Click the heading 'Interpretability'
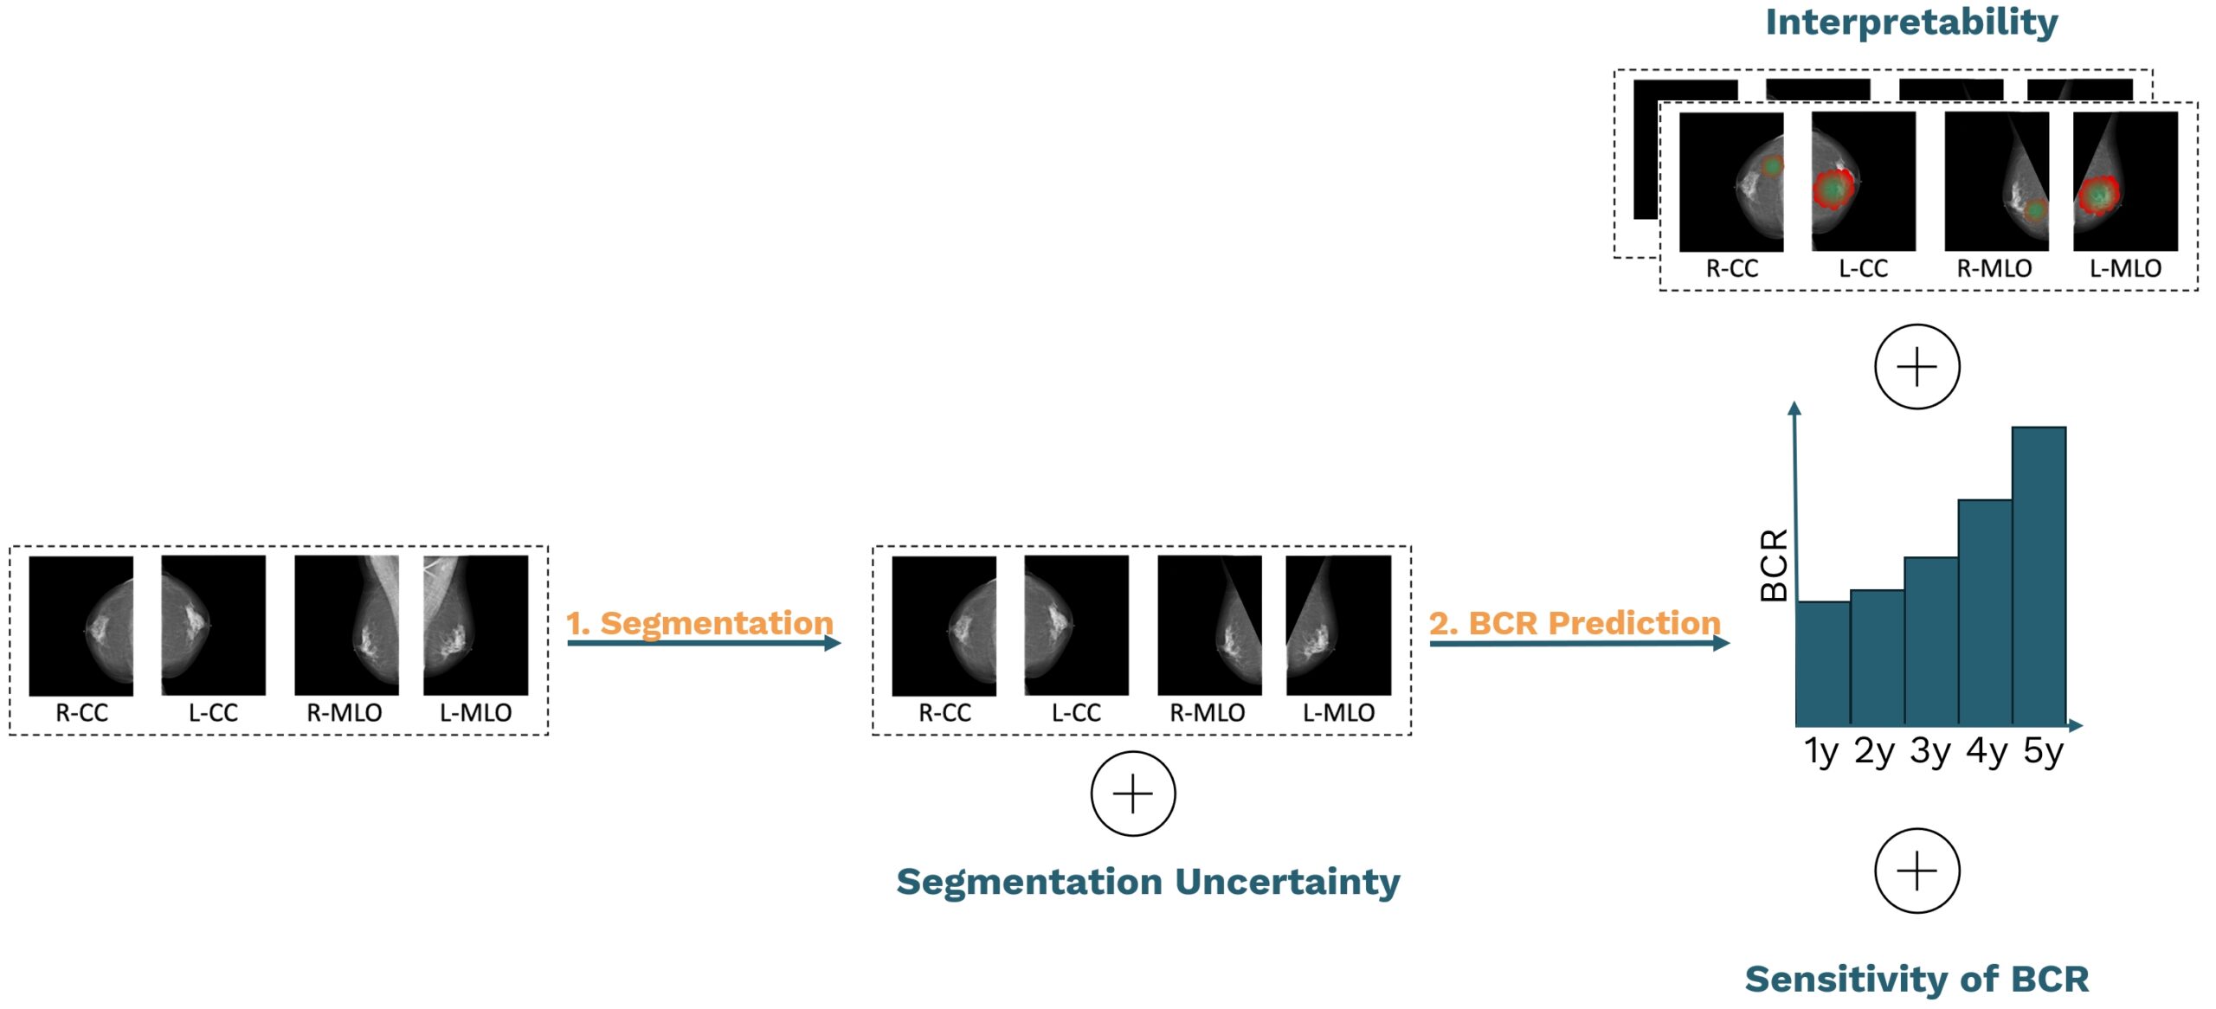[1911, 23]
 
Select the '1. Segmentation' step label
[699, 623]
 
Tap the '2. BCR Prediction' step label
[1575, 623]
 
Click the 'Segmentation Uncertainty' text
[1148, 883]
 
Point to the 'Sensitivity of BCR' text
[1916, 979]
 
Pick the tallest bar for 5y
[2039, 575]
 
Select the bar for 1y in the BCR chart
[1823, 662]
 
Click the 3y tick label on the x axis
[1929, 752]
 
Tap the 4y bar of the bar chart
[1985, 611]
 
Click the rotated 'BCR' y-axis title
[1775, 565]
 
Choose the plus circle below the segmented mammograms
[1133, 794]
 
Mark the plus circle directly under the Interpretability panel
[1917, 367]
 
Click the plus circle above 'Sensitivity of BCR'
[1917, 871]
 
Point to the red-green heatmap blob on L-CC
[1833, 189]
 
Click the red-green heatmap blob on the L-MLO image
[2098, 196]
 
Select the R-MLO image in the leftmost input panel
[346, 625]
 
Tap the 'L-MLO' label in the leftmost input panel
[476, 713]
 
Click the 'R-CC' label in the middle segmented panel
[944, 713]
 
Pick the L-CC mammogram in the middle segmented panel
[1076, 625]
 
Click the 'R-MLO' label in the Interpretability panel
[1994, 268]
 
